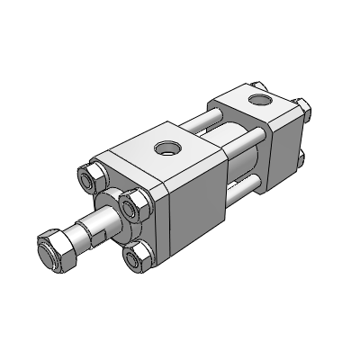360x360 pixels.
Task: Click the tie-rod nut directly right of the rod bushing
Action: tap(135, 208)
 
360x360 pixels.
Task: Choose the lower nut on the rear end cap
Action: tap(302, 160)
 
